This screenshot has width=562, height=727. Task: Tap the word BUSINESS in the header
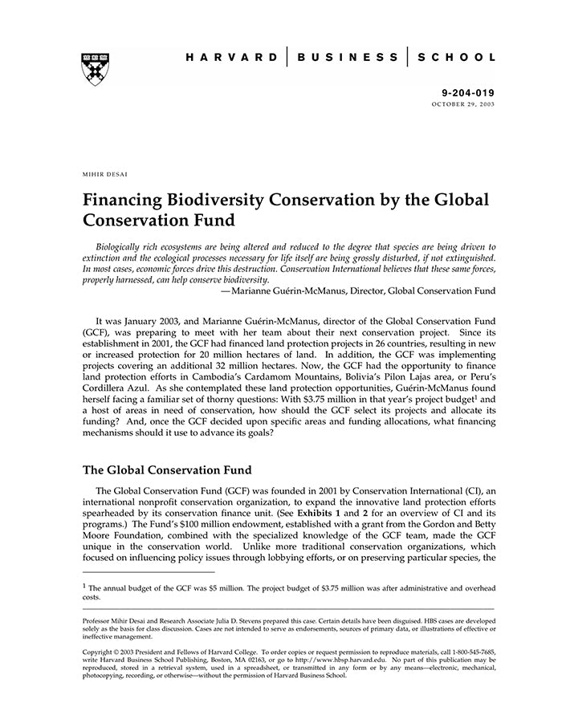[x=347, y=58]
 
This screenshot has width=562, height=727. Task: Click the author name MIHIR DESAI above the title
[x=105, y=173]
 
